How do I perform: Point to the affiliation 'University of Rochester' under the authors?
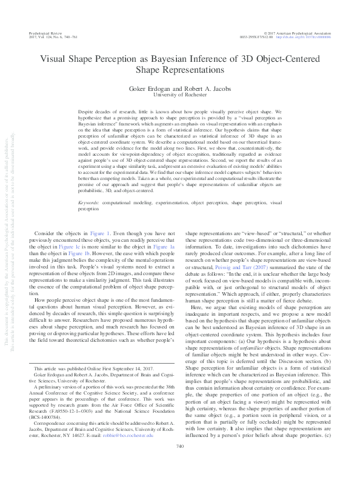[179, 95]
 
